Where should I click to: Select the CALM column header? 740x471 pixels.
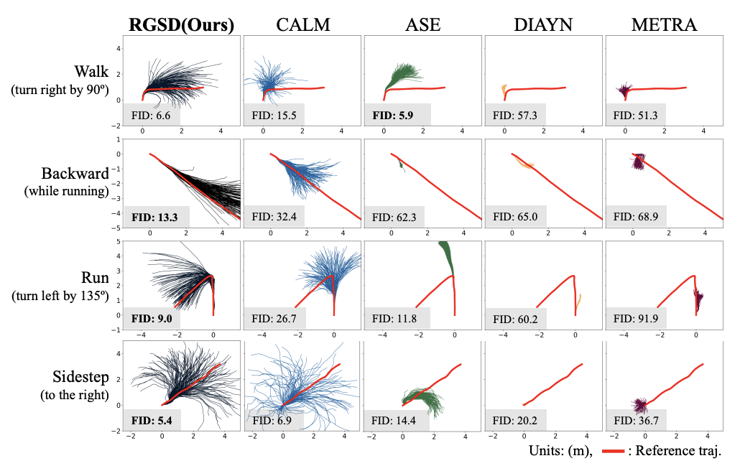click(x=302, y=24)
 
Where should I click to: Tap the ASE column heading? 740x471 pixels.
click(x=423, y=24)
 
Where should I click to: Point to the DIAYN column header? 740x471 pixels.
click(x=544, y=24)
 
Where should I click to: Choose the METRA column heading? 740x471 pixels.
click(x=665, y=24)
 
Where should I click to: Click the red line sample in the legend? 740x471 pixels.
click(x=618, y=452)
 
